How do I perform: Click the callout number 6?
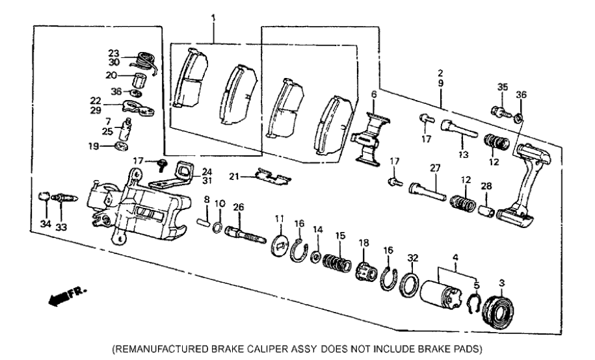point(374,94)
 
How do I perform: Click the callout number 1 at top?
point(213,16)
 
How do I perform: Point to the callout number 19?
point(95,147)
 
